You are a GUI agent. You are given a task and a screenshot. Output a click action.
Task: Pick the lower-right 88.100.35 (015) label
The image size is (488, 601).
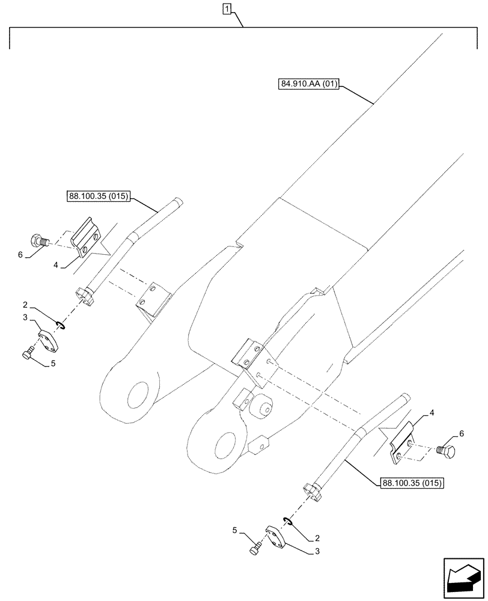[x=412, y=482]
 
